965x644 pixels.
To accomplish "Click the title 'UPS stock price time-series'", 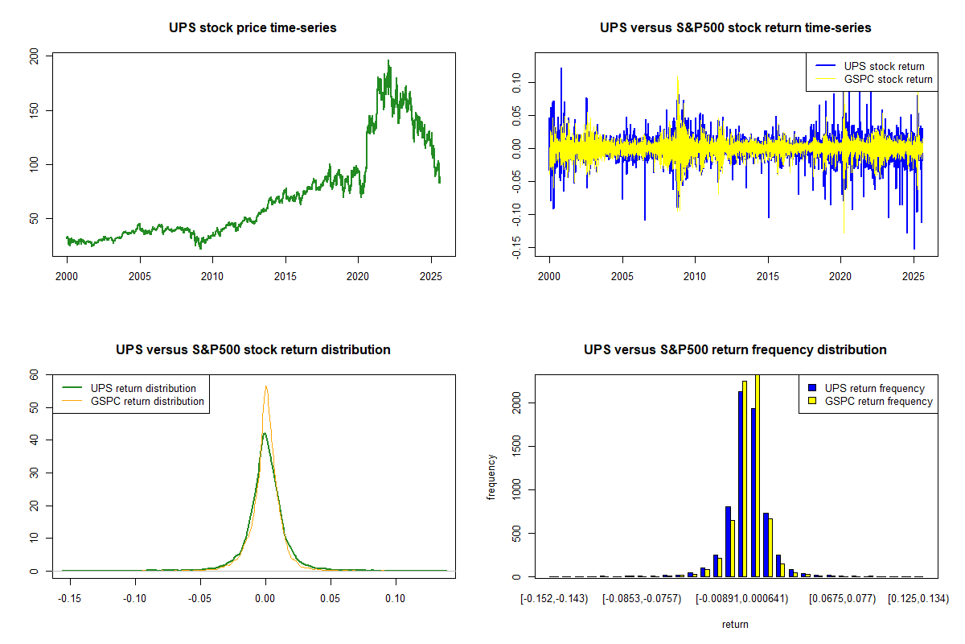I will tap(253, 28).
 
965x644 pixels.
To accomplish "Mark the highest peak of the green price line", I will tap(388, 60).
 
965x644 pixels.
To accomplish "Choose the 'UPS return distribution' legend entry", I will tap(143, 388).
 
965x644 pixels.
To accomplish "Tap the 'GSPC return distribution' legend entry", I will tap(147, 401).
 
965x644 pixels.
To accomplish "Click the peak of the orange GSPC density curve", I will tap(265, 386).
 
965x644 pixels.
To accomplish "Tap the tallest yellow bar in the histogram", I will tap(757, 475).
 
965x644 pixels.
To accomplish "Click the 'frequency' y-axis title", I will tap(491, 477).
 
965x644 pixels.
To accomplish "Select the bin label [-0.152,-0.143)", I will tap(554, 598).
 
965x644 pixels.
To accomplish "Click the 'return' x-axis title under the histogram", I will tap(735, 624).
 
